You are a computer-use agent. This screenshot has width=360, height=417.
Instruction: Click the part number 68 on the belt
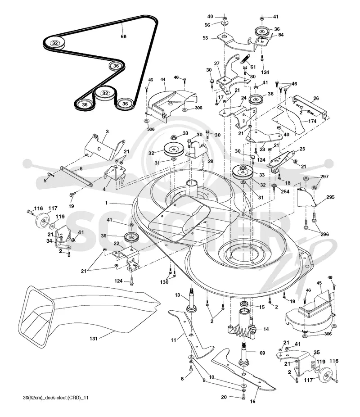pos(124,36)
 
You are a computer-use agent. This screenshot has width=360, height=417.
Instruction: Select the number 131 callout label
pos(94,339)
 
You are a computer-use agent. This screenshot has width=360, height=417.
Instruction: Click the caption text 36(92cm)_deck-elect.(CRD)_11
pos(56,398)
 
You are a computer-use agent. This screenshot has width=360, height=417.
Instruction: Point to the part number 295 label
pos(330,197)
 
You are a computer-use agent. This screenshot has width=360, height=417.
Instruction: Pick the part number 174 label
pos(312,121)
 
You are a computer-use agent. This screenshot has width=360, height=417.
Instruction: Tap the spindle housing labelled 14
pos(242,324)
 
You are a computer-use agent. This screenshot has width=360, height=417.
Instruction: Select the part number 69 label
pos(262,353)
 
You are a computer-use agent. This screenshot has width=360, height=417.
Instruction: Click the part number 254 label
pos(285,191)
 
